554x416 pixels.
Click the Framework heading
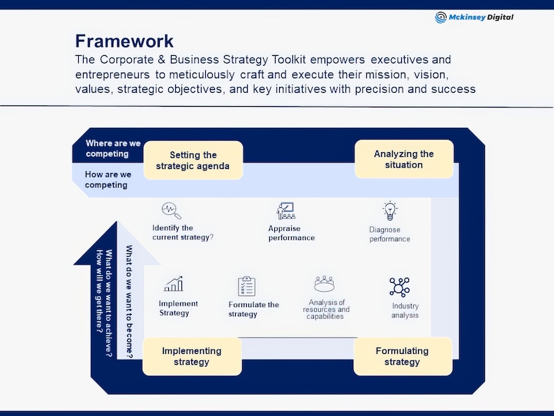[x=124, y=40]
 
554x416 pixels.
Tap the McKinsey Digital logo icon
[x=441, y=17]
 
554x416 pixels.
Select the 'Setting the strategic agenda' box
[x=193, y=161]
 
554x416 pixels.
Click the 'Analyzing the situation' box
[x=403, y=159]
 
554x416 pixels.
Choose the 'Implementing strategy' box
[x=192, y=356]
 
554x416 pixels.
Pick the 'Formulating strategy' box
[x=402, y=356]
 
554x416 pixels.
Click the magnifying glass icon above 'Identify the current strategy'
[x=171, y=210]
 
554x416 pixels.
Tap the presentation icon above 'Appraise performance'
[x=285, y=210]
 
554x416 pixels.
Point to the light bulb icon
[x=389, y=210]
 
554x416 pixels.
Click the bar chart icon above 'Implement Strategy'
[x=174, y=283]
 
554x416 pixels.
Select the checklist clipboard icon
[x=246, y=286]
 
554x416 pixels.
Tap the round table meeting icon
[x=324, y=284]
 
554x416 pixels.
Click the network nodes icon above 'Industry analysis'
[x=399, y=287]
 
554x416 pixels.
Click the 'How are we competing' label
[x=107, y=179]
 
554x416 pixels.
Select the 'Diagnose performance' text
[x=389, y=234]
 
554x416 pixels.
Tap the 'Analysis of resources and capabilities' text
[x=326, y=309]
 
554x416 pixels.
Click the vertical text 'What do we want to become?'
[x=129, y=301]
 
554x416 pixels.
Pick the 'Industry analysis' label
[x=405, y=311]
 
